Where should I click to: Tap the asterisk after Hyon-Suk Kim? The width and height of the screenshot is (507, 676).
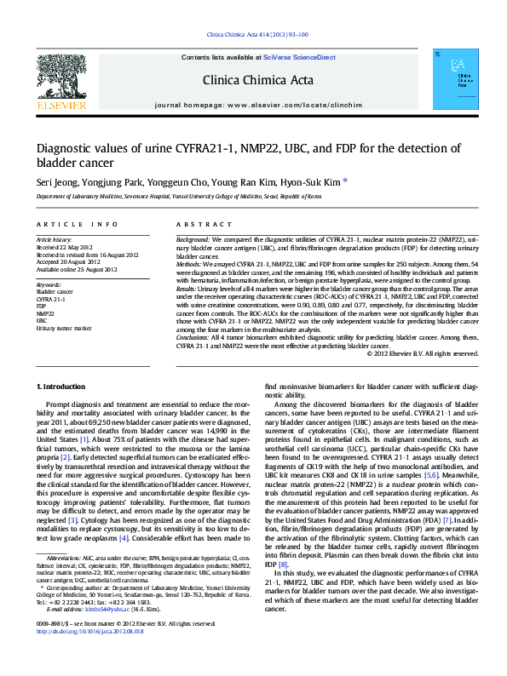[x=345, y=180]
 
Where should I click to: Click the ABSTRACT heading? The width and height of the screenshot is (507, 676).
[x=192, y=224]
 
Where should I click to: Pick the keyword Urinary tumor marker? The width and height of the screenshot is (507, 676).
[x=64, y=328]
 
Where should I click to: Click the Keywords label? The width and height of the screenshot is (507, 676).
[x=49, y=284]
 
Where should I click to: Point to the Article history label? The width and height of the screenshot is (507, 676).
[x=54, y=241]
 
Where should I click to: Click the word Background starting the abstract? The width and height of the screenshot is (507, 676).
[x=193, y=241]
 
